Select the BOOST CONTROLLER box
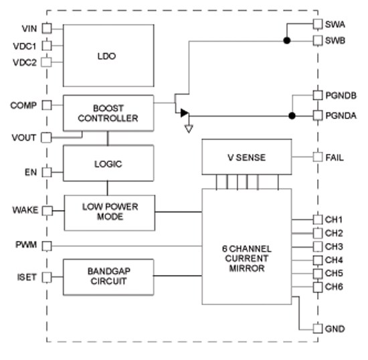(107, 113)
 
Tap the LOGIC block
(108, 163)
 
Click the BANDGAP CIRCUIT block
(108, 276)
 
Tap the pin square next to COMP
(47, 106)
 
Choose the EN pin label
(31, 172)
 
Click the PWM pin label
(27, 246)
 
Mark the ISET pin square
(47, 276)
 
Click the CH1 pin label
(335, 219)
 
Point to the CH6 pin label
(335, 286)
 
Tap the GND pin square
(317, 328)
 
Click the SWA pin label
(336, 24)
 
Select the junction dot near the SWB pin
(287, 41)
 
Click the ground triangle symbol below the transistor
(189, 128)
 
